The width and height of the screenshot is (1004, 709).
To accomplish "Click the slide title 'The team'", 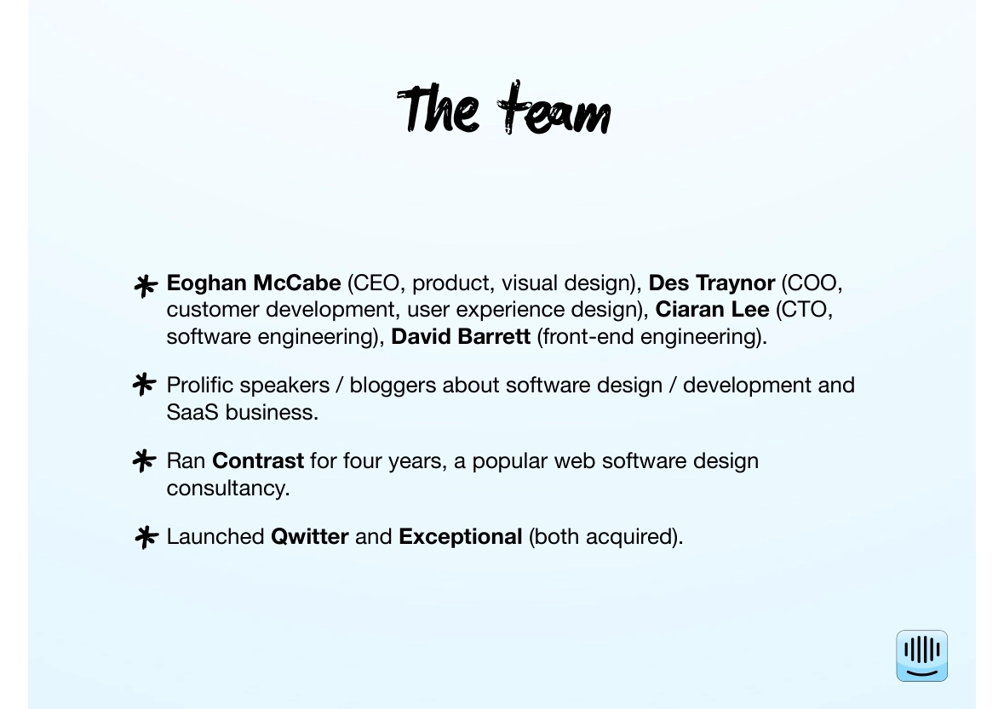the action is coord(504,108).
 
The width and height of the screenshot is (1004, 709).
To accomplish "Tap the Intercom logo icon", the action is coord(921,655).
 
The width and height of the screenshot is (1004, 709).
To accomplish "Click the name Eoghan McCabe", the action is coord(254,283).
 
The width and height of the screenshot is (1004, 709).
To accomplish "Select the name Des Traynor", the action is coord(711,283).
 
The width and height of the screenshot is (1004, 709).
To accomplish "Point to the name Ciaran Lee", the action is coord(712,310).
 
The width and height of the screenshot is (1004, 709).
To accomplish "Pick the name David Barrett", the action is coord(461,336).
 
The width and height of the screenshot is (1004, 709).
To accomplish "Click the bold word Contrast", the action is coord(258,460).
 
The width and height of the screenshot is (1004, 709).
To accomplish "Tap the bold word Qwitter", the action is coord(310,536).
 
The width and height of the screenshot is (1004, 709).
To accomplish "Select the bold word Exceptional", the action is coord(461,536).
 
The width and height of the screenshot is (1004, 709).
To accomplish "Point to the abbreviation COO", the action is coord(812,283).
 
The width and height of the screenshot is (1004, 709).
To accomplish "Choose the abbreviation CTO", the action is coord(804,310).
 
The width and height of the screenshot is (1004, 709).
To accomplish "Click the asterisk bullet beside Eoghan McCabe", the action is coord(146,285).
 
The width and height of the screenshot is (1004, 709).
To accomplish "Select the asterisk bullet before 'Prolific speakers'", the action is coord(144,385).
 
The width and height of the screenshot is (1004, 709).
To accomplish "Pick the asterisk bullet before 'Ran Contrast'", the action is coord(144,460).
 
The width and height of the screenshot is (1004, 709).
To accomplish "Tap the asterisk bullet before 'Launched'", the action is coord(146,537).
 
